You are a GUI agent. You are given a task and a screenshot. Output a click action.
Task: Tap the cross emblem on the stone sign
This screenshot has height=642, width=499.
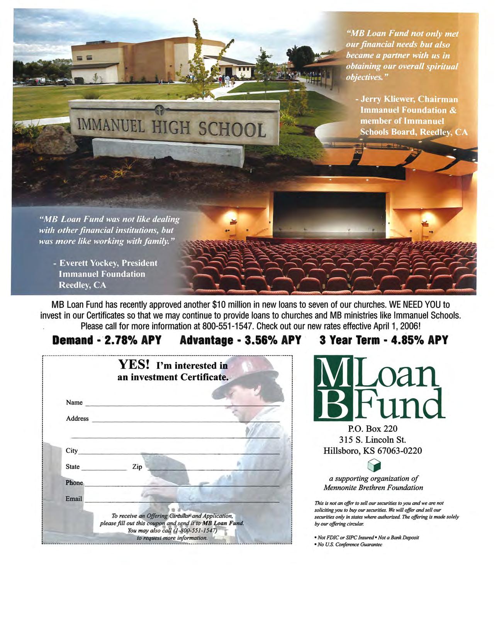159,111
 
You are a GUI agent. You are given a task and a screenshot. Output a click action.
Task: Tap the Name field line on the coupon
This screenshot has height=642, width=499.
182,405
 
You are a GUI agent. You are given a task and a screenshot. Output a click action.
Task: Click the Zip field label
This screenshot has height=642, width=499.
137,467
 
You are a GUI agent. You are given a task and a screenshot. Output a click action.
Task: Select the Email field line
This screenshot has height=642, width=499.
182,501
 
